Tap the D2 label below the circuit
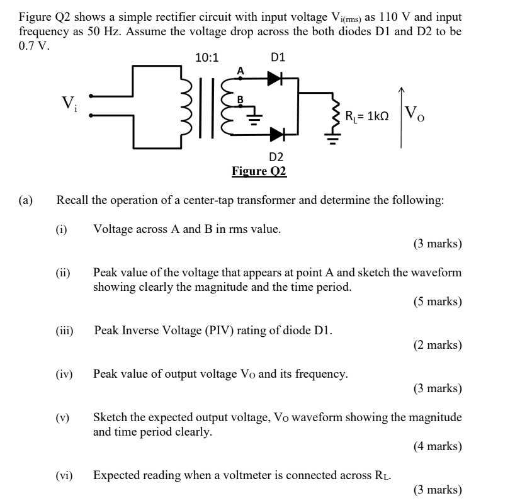point(276,156)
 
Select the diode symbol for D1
point(274,79)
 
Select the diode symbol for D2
point(276,133)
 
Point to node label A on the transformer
point(239,71)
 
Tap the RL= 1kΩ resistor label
point(366,116)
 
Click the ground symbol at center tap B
point(254,120)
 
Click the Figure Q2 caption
point(259,171)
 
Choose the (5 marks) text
point(438,302)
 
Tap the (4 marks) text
point(438,446)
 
